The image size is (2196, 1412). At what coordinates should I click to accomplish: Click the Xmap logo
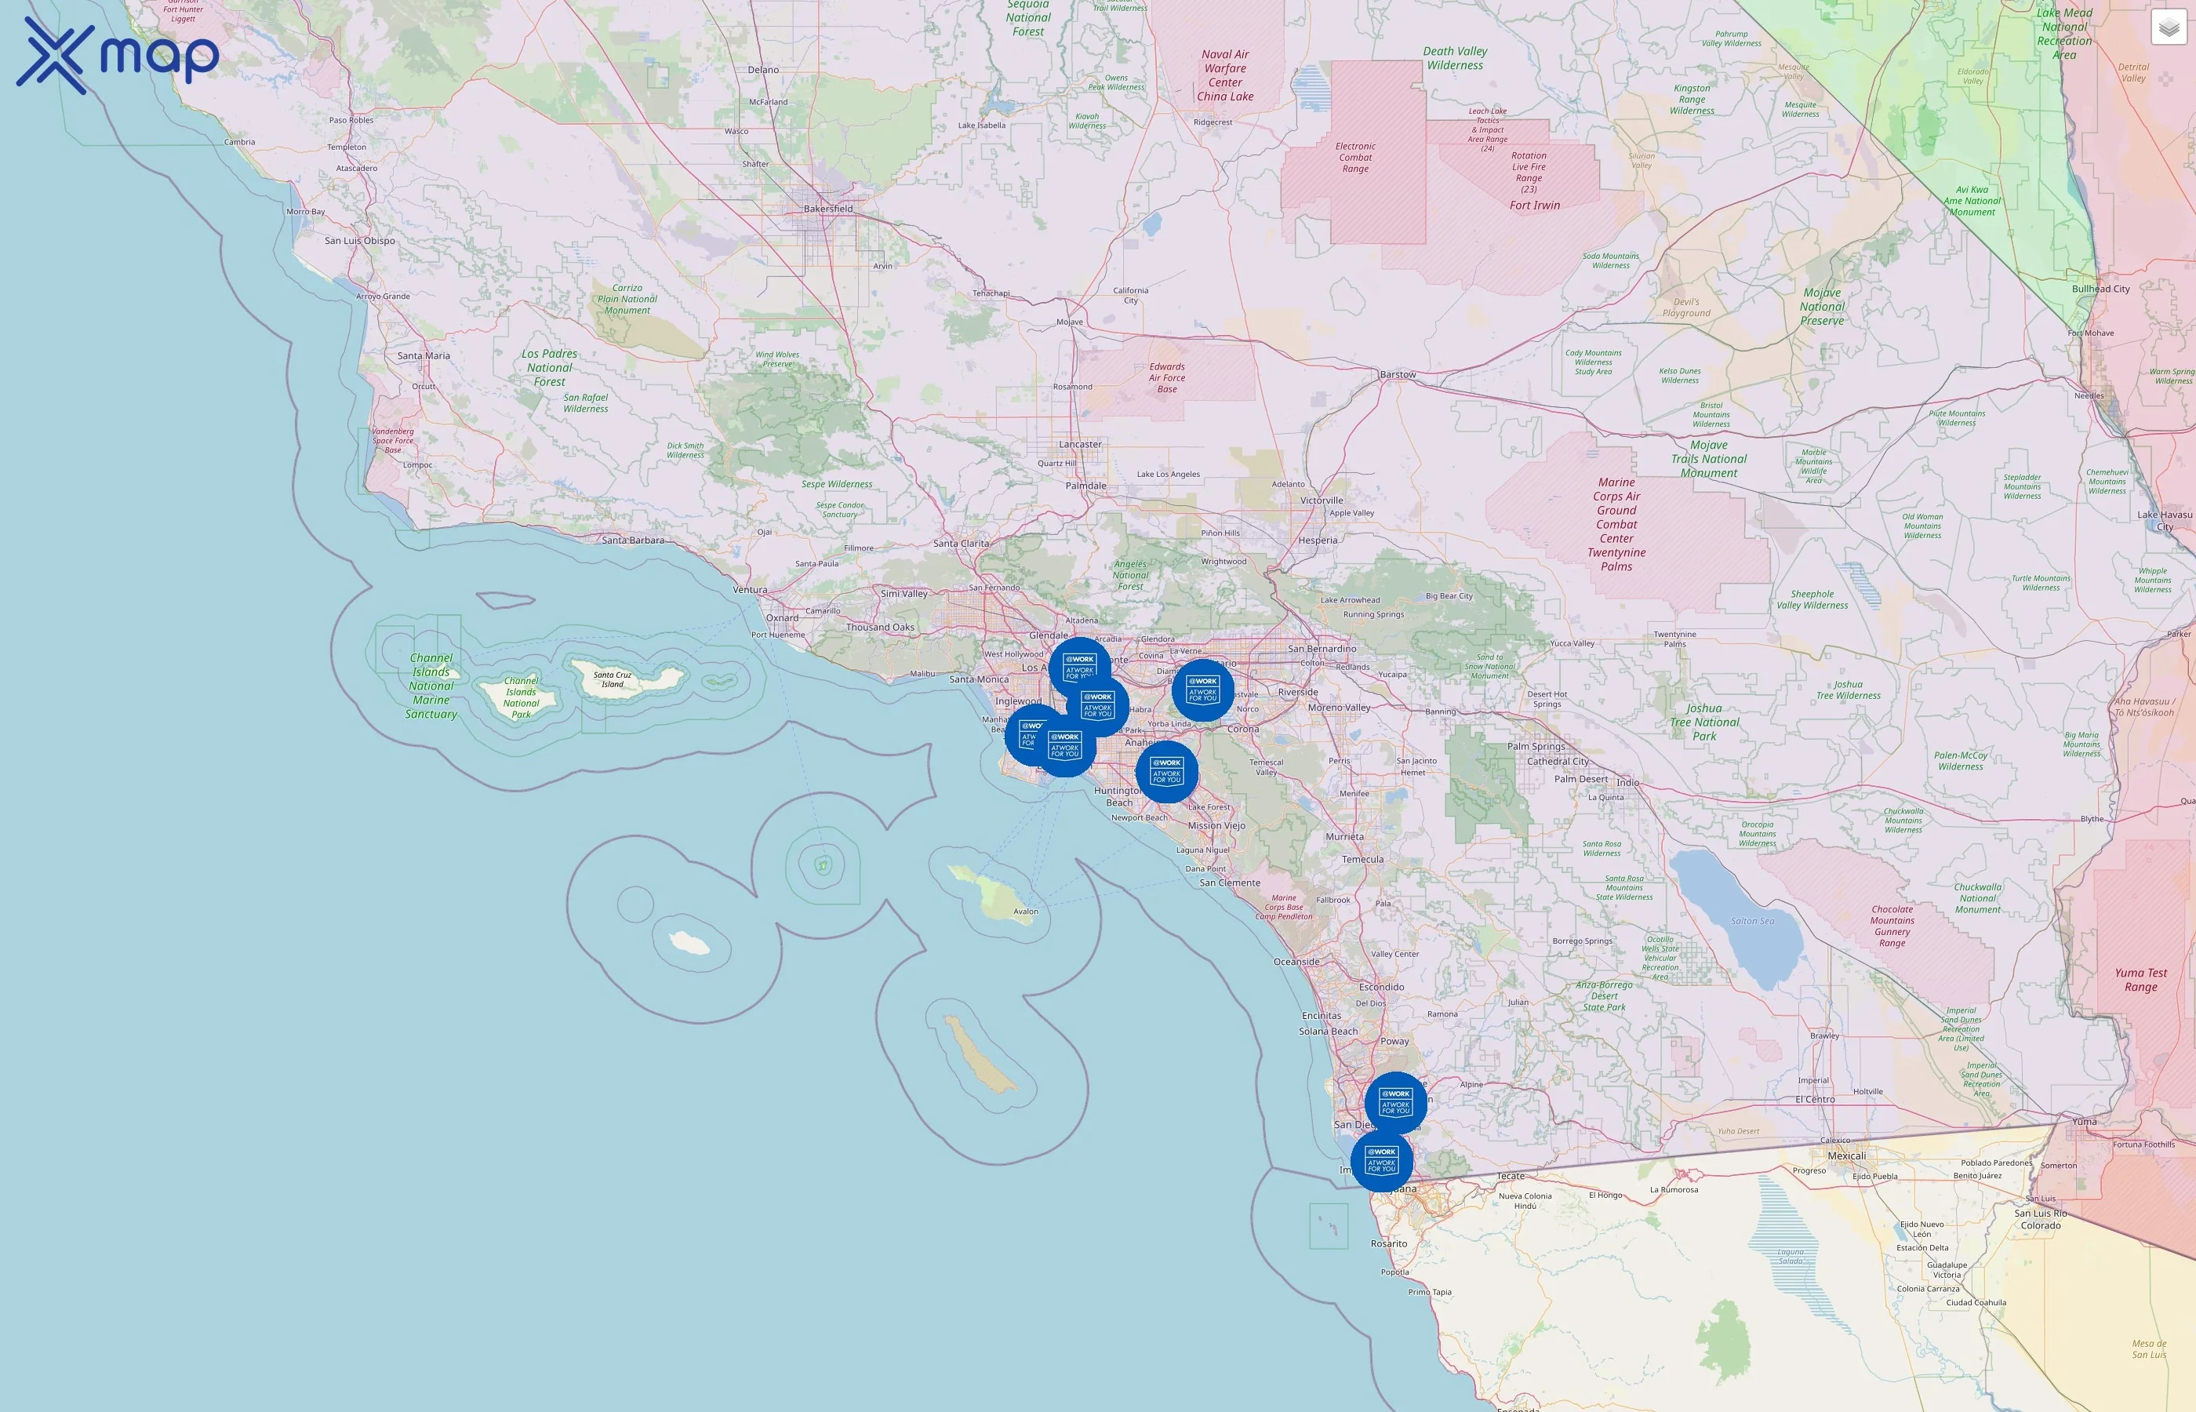(x=118, y=55)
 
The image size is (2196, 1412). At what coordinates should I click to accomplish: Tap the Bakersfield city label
(x=827, y=209)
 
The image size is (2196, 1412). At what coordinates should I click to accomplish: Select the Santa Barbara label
(x=632, y=540)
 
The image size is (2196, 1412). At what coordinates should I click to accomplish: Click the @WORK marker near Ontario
(x=1202, y=690)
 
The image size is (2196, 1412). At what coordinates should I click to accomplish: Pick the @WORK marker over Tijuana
(x=1381, y=1161)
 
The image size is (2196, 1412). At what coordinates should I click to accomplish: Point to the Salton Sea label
(x=1751, y=922)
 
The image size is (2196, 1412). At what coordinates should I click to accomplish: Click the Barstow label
(x=1398, y=375)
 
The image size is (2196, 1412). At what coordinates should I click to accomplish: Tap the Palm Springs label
(x=1536, y=746)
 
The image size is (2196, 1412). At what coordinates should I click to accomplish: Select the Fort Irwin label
(x=1534, y=206)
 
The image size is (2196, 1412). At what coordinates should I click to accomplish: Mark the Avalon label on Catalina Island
(x=1026, y=912)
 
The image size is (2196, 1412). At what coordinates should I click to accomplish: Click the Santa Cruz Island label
(x=613, y=679)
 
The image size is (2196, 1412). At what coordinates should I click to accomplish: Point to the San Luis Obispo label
(x=360, y=241)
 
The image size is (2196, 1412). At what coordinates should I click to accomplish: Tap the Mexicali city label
(x=1846, y=1156)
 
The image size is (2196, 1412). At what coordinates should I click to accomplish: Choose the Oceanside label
(x=1296, y=962)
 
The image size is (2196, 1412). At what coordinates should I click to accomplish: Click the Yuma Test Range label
(x=2140, y=980)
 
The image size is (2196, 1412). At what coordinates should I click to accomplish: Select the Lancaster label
(x=1080, y=445)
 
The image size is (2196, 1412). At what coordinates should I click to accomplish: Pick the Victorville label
(x=1321, y=500)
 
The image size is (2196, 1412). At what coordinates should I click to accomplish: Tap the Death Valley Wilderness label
(x=1455, y=59)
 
